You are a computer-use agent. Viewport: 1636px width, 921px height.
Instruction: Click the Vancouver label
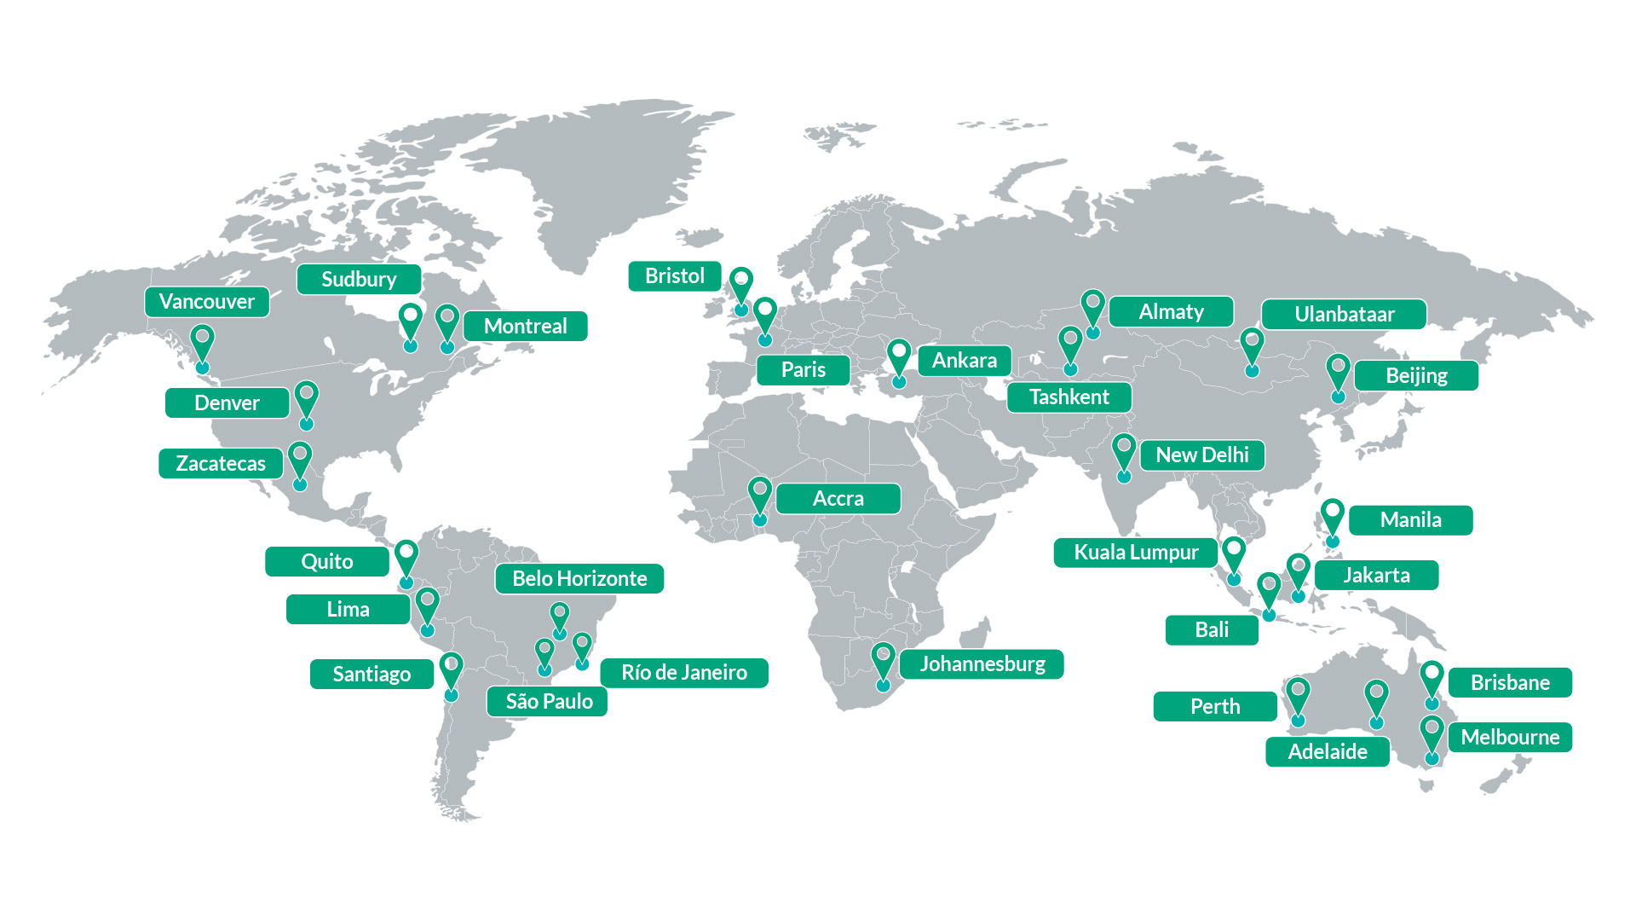206,302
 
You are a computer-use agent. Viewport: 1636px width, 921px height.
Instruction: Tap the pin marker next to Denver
306,402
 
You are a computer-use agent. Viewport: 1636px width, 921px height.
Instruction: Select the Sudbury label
359,280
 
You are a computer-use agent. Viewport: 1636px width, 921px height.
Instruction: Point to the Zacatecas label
221,464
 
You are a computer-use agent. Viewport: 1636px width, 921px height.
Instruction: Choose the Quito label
327,562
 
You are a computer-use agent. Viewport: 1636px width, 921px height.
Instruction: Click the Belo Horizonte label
579,579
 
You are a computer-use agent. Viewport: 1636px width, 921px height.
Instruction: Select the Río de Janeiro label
683,673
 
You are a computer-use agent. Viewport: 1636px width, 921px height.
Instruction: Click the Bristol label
674,276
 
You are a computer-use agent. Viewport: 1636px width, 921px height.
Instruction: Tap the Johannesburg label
982,664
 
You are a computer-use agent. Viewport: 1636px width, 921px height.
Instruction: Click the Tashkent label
1069,397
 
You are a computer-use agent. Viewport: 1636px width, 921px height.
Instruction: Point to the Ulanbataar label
1344,315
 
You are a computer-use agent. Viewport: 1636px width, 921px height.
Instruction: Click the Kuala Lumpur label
1136,553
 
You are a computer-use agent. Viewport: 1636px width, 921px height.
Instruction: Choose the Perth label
1215,707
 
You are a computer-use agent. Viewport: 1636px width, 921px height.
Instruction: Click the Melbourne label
1510,738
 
